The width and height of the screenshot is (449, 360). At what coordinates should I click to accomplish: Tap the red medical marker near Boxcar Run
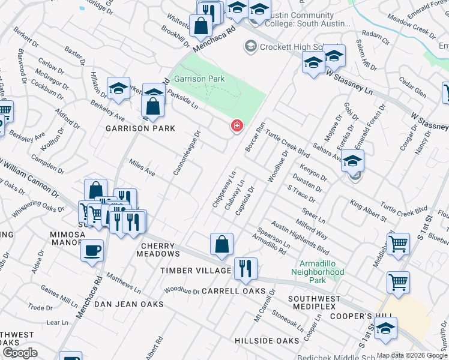click(x=238, y=126)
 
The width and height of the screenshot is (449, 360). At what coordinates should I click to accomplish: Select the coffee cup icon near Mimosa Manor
click(x=92, y=251)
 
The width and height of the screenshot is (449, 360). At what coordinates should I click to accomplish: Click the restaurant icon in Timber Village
click(x=245, y=268)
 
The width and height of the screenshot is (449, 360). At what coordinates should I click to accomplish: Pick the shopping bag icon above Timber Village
click(x=221, y=244)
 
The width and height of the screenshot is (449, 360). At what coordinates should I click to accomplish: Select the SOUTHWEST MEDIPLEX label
click(x=318, y=303)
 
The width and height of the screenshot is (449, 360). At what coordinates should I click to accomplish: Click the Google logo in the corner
click(x=20, y=353)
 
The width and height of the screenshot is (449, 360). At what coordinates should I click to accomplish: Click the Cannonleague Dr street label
click(x=187, y=154)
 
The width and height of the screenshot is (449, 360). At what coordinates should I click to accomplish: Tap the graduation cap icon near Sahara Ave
click(x=354, y=161)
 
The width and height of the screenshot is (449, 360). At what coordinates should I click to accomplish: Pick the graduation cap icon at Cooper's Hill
click(x=386, y=329)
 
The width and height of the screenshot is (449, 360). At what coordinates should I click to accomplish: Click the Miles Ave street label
click(x=143, y=168)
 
